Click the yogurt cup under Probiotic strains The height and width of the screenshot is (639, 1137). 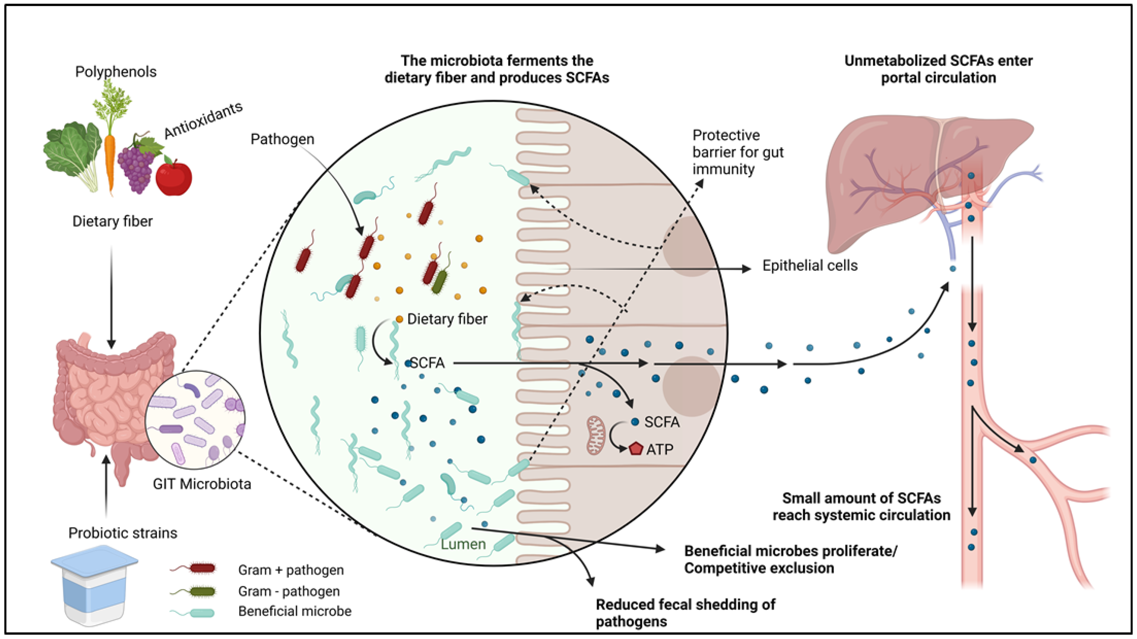[x=94, y=585]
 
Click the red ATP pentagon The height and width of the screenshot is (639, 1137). [x=636, y=449]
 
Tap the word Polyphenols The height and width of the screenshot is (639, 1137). [x=116, y=72]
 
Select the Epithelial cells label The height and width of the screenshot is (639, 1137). [x=810, y=265]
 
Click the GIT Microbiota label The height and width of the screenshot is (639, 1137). [x=202, y=484]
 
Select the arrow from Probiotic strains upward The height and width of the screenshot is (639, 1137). [x=106, y=485]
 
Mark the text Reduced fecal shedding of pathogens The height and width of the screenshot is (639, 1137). [x=685, y=613]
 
